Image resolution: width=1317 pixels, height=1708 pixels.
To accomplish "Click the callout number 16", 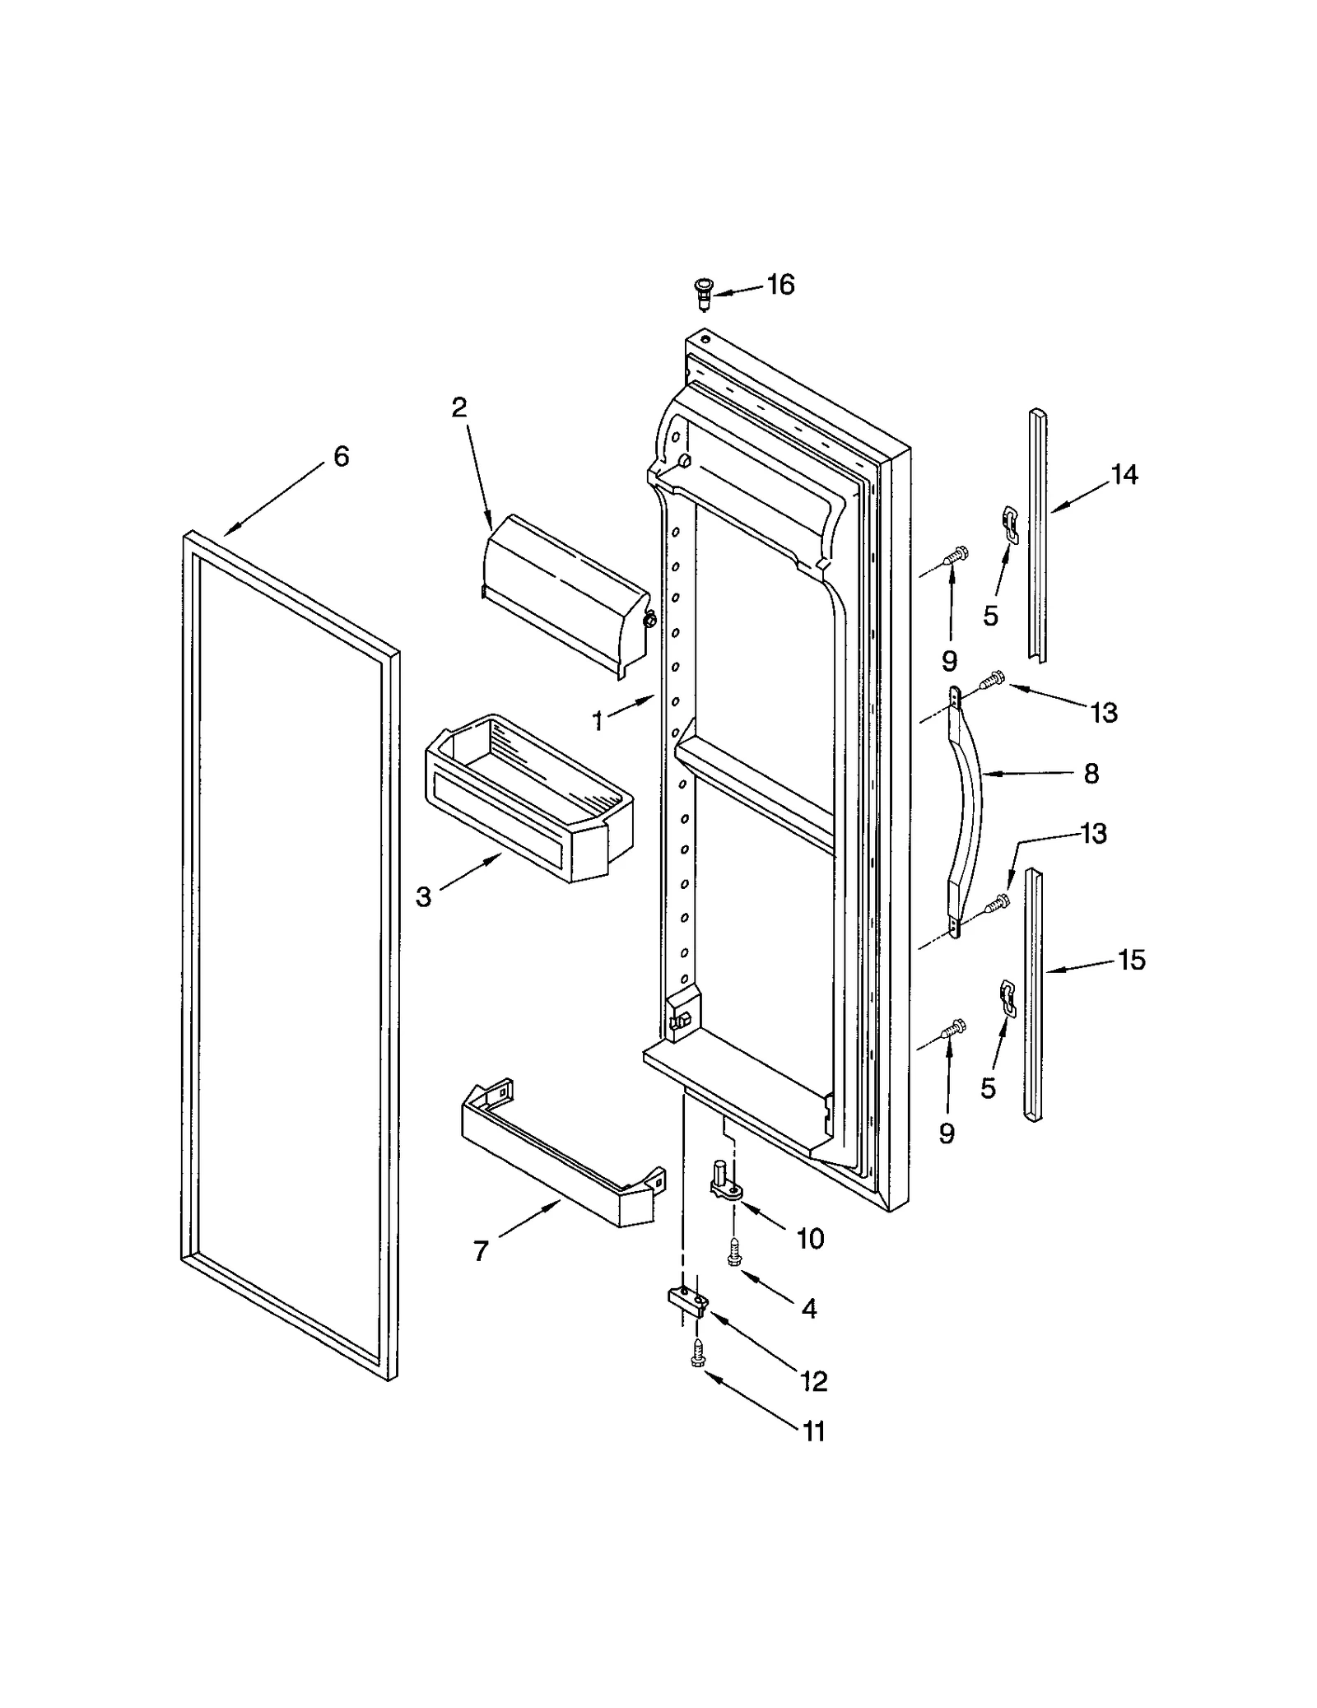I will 780,285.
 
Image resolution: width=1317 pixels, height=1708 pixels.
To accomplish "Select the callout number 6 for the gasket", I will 341,456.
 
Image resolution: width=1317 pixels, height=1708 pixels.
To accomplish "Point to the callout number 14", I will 1124,475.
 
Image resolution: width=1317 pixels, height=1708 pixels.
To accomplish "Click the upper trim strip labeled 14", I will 1037,535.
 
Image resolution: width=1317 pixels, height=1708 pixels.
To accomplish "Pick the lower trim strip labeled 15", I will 1034,996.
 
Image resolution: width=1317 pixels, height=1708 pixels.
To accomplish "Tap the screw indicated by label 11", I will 698,1354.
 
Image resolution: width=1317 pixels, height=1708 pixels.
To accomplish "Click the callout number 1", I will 598,721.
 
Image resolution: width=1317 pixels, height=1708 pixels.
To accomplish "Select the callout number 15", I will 1132,960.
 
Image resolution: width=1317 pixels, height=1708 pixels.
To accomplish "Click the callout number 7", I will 482,1252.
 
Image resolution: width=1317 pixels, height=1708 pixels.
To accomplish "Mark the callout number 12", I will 813,1381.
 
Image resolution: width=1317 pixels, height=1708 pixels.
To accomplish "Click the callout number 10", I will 810,1238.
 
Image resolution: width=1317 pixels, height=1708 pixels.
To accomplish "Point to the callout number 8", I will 1091,774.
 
